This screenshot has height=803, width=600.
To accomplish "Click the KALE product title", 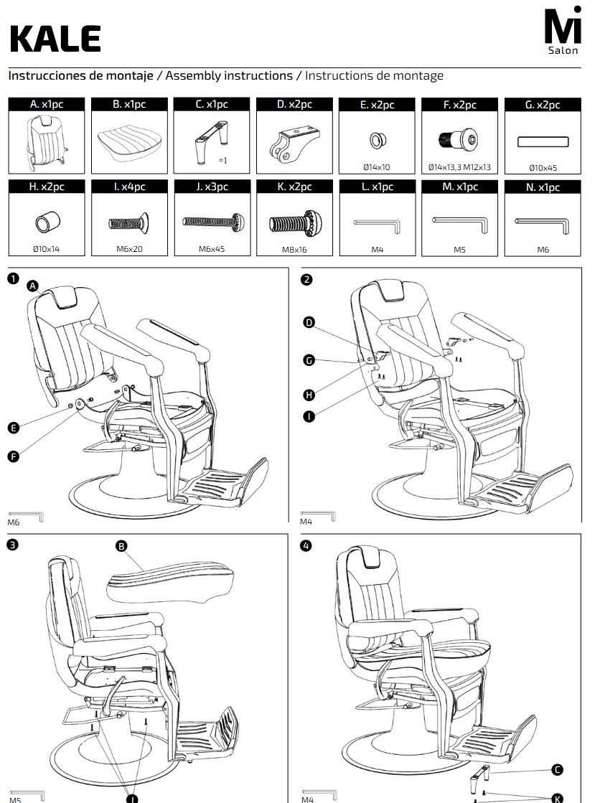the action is point(55,39).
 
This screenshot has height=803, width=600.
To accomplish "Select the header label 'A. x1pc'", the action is point(47,104).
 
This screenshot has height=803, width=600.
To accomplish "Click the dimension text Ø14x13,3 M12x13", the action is point(459,167).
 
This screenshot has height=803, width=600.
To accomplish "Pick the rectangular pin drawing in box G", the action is point(543,142).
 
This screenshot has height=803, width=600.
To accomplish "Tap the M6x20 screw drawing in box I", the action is point(128,222).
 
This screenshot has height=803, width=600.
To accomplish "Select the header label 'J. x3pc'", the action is point(212,187).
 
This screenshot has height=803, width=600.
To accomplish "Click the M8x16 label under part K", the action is point(295,250).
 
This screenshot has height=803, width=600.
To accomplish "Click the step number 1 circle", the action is point(14,278).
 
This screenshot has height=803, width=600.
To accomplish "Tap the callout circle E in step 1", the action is point(14,428).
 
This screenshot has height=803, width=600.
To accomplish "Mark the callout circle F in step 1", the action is point(14,456).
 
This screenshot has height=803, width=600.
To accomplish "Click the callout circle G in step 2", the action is point(309,360).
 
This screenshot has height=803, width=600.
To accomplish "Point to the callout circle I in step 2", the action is point(309,416).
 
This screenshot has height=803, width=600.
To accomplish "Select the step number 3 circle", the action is point(13,545).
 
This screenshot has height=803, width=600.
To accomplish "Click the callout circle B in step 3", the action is point(121,546).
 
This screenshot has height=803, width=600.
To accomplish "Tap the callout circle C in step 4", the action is point(558,769).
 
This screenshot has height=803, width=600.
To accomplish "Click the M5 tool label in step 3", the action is point(15,799).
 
